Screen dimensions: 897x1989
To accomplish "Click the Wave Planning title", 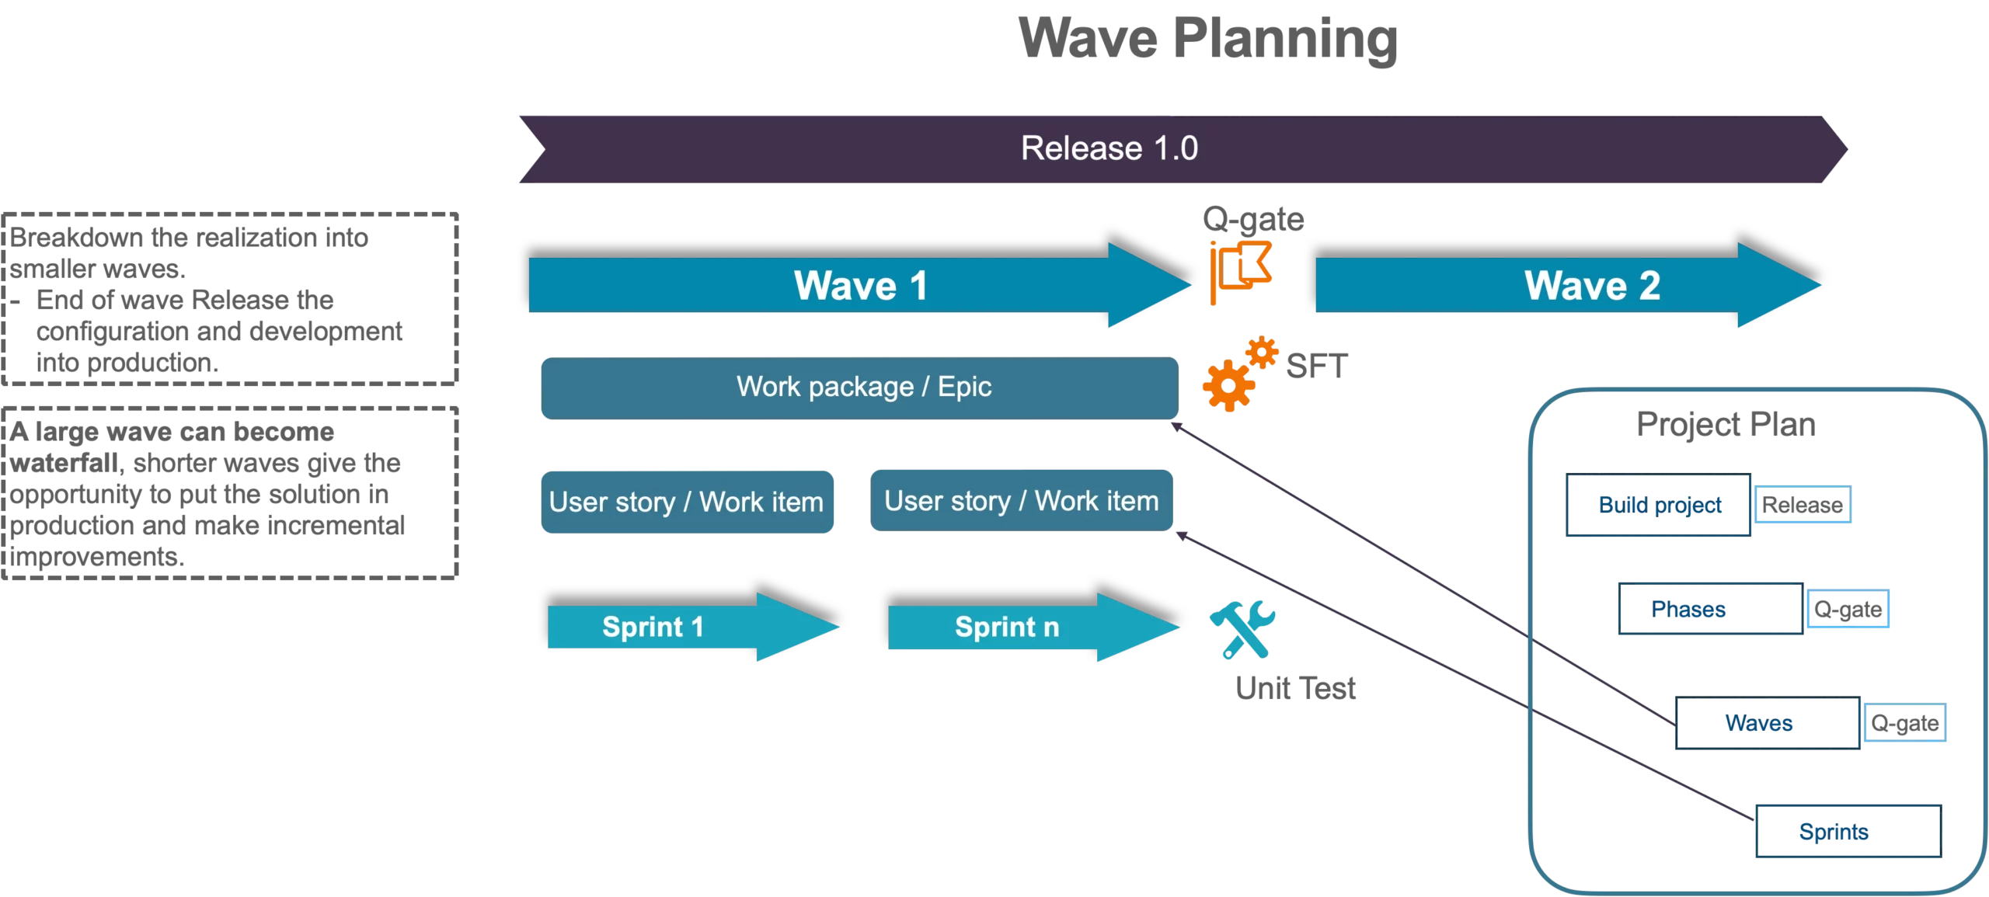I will (x=1207, y=39).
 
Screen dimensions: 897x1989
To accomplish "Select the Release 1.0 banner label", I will (x=1109, y=148).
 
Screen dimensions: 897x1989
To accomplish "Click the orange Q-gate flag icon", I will (x=1240, y=271).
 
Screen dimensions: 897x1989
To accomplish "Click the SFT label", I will (x=1316, y=367).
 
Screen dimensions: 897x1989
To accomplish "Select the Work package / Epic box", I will (x=860, y=388).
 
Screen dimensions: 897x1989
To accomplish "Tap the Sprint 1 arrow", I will (x=684, y=627).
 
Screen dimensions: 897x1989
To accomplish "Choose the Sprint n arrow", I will (x=1026, y=627).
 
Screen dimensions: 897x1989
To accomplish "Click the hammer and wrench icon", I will (x=1242, y=629).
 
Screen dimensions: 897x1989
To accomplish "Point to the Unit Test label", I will (x=1295, y=688).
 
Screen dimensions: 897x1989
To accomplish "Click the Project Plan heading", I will (x=1726, y=425).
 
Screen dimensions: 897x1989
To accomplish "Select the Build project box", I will (x=1659, y=506).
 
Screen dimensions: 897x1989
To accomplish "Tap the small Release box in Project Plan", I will (x=1803, y=505).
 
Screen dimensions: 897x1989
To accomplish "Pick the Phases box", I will (x=1709, y=609).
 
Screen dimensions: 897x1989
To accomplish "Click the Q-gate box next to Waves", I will (x=1904, y=723).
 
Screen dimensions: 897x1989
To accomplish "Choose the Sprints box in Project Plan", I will (x=1848, y=832).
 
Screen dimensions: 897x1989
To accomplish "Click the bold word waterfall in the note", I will (x=64, y=464).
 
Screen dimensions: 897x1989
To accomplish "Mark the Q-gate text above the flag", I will (x=1252, y=220).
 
